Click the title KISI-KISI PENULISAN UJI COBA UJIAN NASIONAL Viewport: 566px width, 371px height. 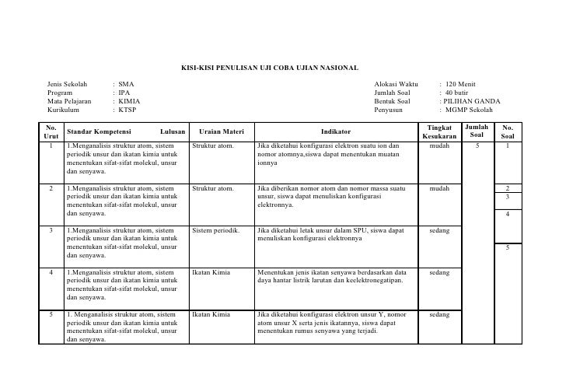pyautogui.click(x=269, y=68)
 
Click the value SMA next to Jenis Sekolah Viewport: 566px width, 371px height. pyautogui.click(x=126, y=83)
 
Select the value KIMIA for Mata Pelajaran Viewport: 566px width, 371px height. pyautogui.click(x=129, y=101)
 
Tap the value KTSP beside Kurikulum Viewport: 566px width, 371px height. pyautogui.click(x=127, y=110)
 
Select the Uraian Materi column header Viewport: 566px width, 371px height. pyautogui.click(x=222, y=132)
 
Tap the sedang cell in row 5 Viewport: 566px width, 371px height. pyautogui.click(x=439, y=315)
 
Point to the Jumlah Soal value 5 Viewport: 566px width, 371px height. pyautogui.click(x=477, y=145)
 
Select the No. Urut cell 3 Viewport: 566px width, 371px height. pyautogui.click(x=51, y=231)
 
